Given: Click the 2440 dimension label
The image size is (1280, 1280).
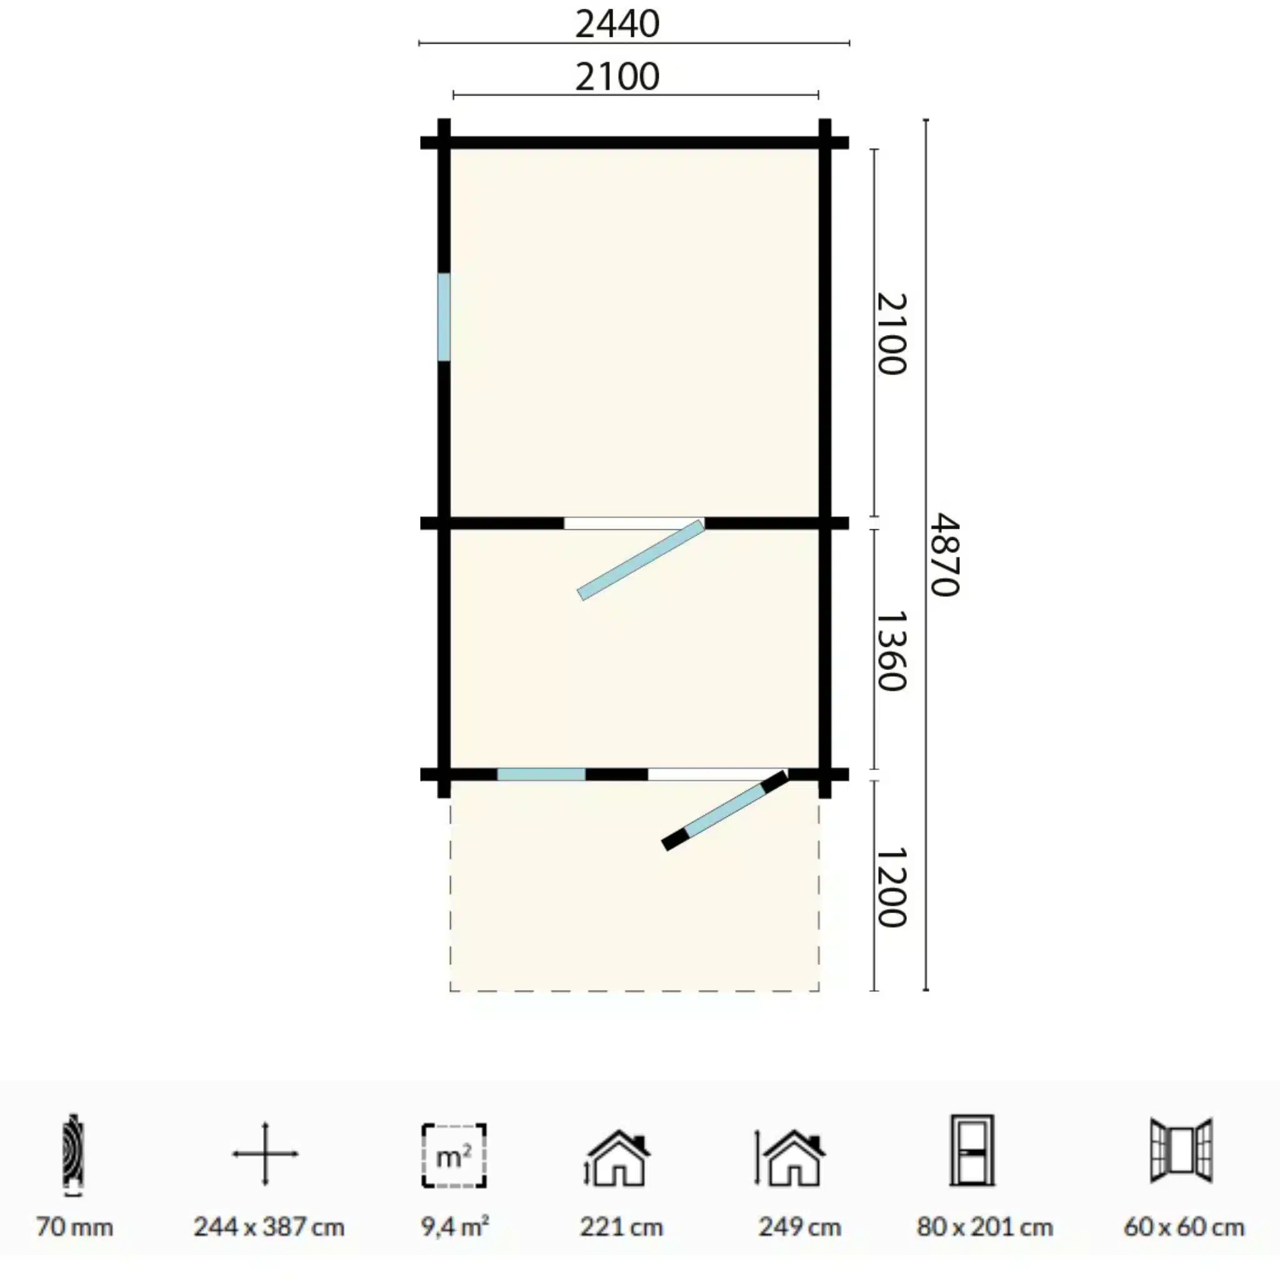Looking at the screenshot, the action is tap(617, 24).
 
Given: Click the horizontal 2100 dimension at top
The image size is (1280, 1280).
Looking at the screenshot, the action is tap(617, 77).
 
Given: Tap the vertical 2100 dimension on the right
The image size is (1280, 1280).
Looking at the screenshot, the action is tap(891, 333).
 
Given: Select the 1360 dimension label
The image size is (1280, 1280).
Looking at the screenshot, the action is tap(891, 651).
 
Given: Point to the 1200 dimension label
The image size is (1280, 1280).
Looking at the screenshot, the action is tap(891, 887).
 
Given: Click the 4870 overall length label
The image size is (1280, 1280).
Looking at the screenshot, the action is tap(944, 555).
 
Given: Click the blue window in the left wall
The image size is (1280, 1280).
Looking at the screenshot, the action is tap(444, 317).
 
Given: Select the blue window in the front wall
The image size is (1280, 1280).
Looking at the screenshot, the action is tap(541, 774).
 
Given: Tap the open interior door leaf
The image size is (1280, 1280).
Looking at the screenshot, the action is tap(641, 561).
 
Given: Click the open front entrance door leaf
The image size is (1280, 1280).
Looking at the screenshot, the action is tap(726, 810).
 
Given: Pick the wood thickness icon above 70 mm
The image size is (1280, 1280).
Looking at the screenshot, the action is tap(73, 1156).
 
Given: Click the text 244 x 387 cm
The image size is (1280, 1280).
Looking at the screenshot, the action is tap(269, 1227).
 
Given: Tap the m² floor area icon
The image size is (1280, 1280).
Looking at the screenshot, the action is tap(454, 1156).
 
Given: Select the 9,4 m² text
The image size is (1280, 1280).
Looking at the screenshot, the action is tap(455, 1226).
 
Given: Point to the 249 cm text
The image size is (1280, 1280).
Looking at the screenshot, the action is tap(799, 1227).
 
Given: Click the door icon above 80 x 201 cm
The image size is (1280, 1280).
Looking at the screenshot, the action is tap(972, 1151).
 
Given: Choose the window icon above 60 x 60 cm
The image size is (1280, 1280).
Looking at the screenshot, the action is tap(1182, 1151).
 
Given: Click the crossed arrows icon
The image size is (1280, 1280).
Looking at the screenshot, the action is tap(265, 1154).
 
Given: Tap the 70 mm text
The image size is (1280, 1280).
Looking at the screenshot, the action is tap(74, 1227).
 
